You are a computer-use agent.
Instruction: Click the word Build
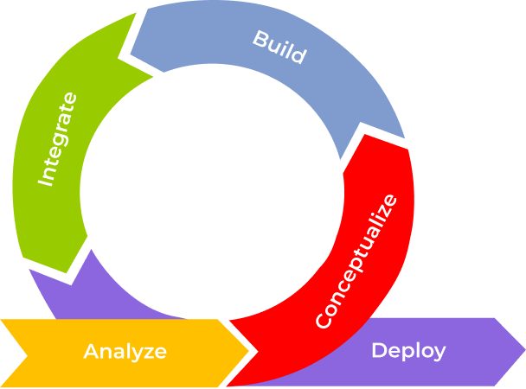tap(279, 48)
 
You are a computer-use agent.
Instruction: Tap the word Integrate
tap(58, 138)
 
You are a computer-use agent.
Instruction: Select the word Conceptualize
tap(356, 261)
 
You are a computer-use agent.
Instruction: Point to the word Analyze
tap(125, 352)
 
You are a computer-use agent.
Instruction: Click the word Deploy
tap(408, 350)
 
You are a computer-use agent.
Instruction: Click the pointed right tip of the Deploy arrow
tap(523, 351)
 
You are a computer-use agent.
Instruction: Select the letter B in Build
tap(260, 39)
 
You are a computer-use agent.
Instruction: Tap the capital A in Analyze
tap(91, 352)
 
